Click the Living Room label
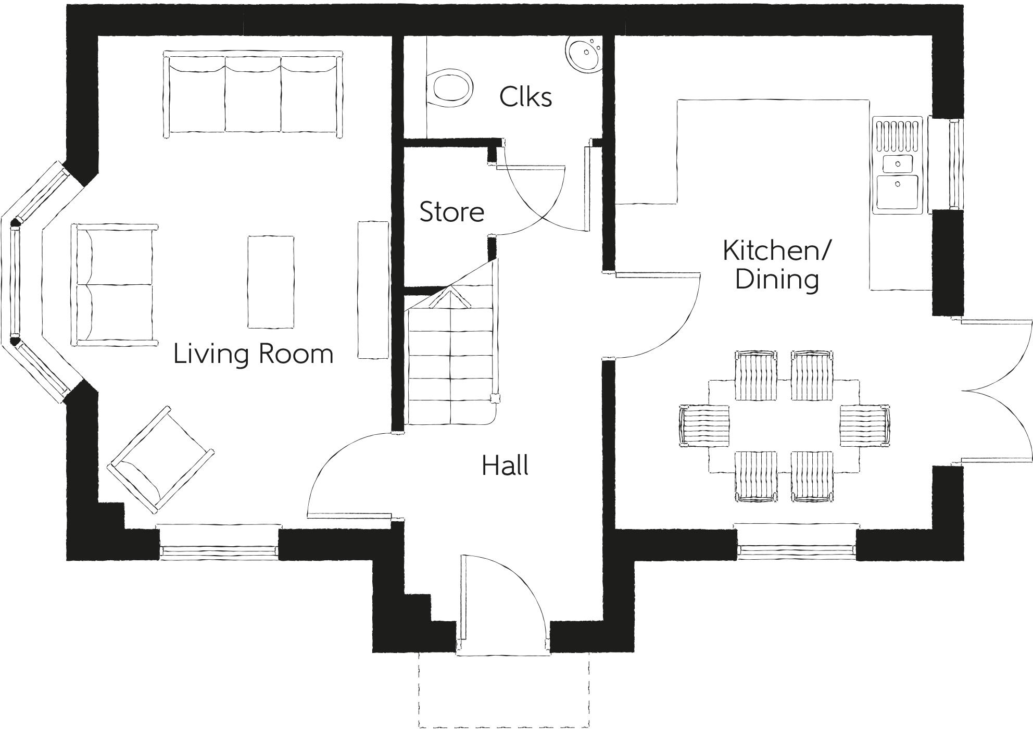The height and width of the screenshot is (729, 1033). point(253,354)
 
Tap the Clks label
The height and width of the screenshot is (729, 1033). point(525,97)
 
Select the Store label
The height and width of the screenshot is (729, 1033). point(451,212)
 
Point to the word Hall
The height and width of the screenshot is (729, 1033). point(505,466)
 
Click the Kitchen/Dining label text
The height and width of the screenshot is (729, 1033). point(776,265)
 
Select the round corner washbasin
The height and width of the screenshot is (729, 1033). point(585,54)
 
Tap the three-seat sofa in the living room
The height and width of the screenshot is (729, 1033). point(253,94)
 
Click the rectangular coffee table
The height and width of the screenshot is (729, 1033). point(270,282)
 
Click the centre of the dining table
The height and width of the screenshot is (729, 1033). point(784,426)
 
